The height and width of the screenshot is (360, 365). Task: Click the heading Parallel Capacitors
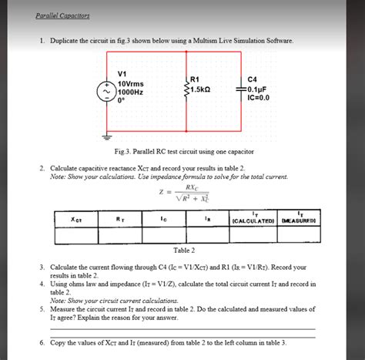point(62,15)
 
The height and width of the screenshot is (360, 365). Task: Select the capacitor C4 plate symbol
point(242,89)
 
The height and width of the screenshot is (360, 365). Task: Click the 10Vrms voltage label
point(132,82)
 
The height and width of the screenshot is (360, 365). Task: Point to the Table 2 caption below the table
point(183,251)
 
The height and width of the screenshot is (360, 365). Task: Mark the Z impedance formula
point(182,193)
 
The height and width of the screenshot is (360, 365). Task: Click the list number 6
point(42,341)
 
